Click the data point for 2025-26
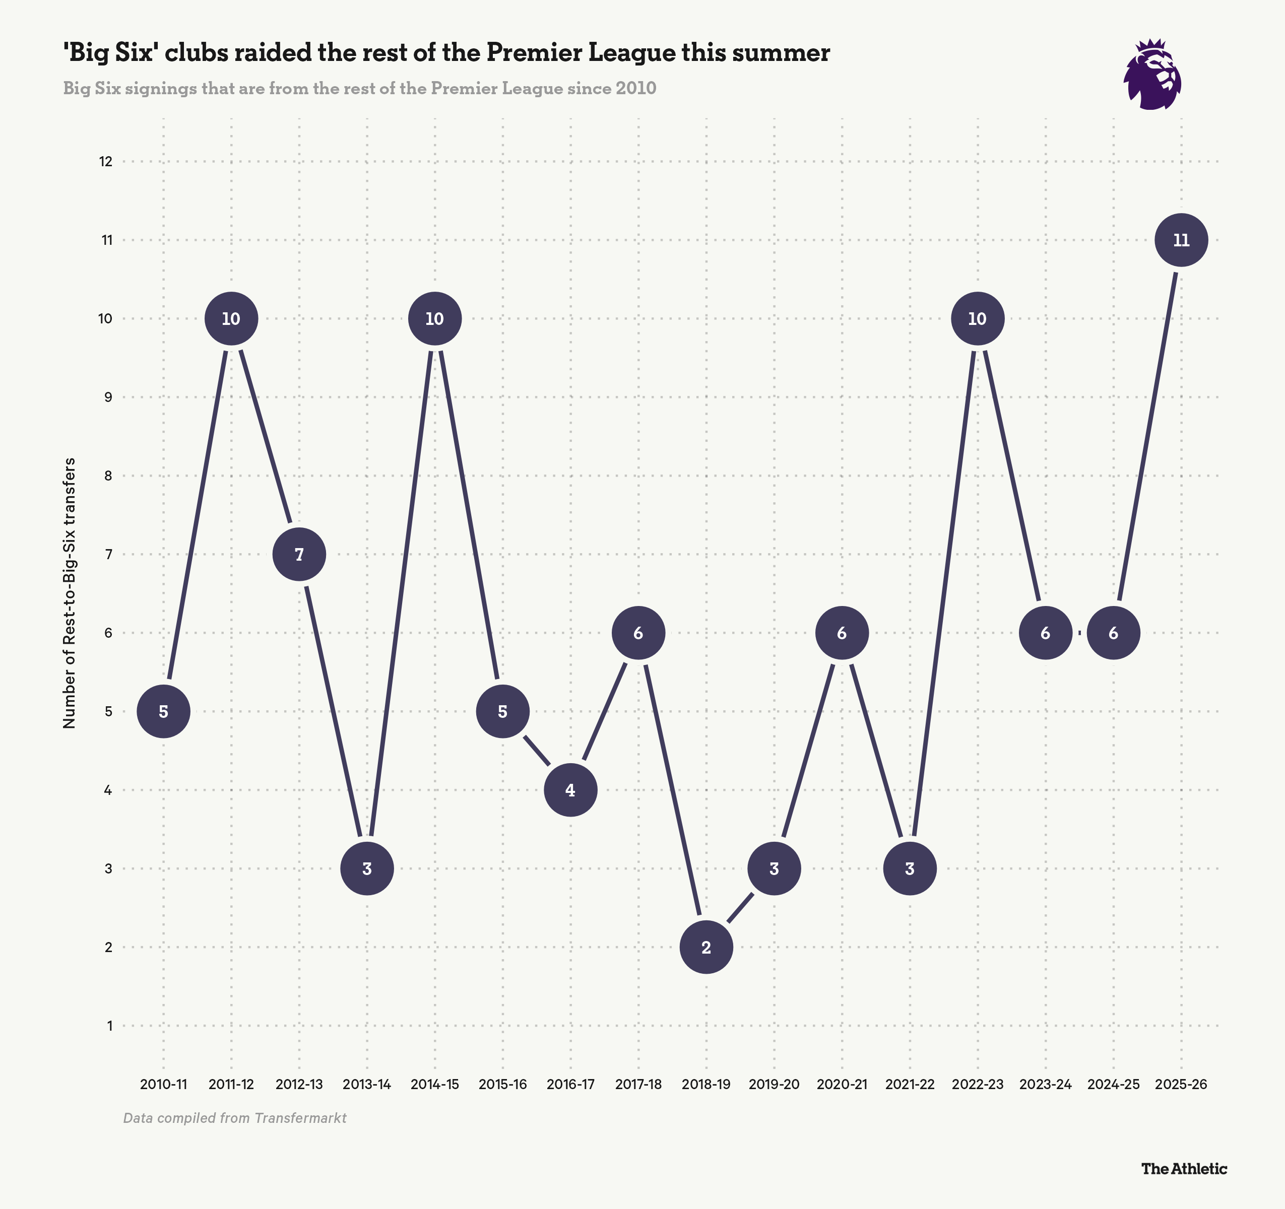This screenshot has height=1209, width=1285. (1181, 240)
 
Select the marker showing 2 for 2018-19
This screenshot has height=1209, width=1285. (706, 947)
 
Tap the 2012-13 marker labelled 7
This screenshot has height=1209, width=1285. (299, 555)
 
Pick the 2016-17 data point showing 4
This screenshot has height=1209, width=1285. (570, 790)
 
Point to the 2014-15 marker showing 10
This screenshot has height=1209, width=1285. (435, 318)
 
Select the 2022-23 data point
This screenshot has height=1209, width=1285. (977, 318)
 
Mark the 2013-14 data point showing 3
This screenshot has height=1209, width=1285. (366, 868)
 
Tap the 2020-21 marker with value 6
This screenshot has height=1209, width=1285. (842, 633)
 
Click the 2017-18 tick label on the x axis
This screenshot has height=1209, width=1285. (638, 1084)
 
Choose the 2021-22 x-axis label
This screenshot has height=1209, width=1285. (910, 1084)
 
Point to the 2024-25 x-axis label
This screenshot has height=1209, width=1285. (1113, 1084)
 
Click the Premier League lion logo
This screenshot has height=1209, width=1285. (1152, 75)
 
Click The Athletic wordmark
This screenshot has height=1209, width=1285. (1184, 1169)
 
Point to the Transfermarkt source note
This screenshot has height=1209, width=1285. (235, 1118)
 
